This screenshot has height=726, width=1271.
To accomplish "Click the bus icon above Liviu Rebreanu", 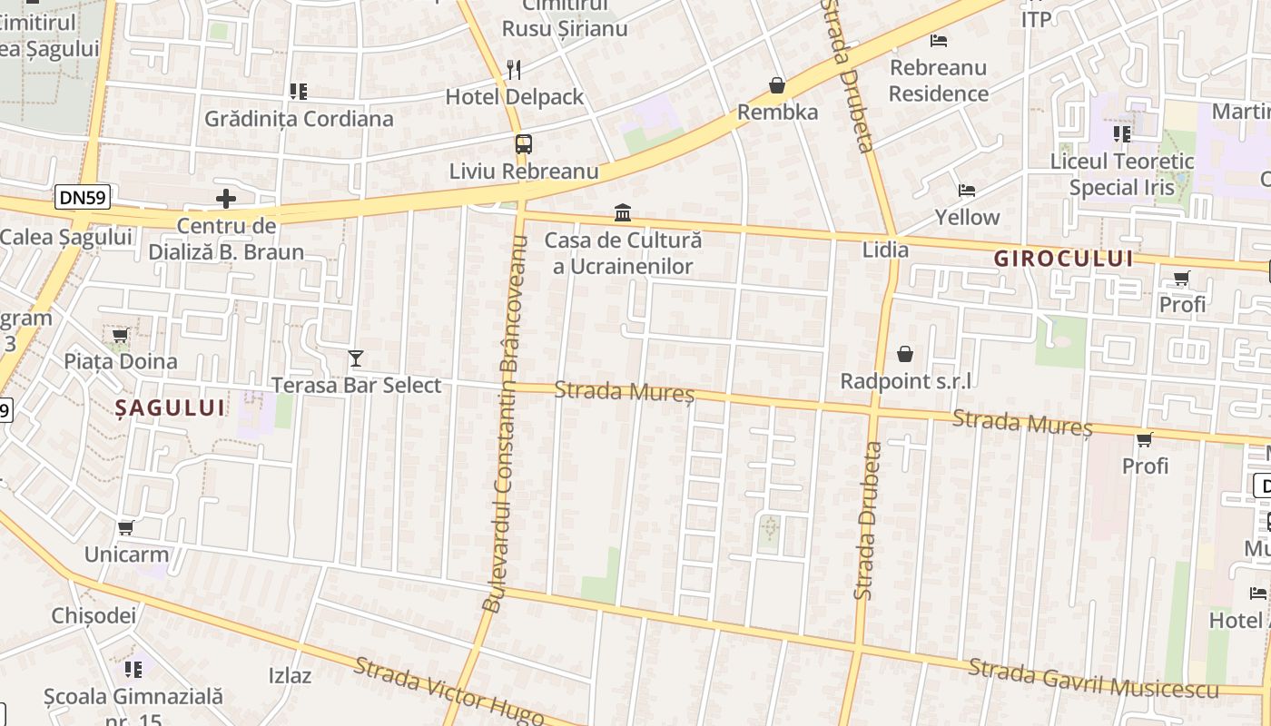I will coord(523,143).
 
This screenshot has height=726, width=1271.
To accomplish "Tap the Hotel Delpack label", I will coord(514,96).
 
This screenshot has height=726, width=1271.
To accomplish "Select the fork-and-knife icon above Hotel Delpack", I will coord(513,68).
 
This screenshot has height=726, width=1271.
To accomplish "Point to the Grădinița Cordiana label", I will coord(299,119).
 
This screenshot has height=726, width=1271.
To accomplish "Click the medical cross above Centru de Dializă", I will coord(226,198).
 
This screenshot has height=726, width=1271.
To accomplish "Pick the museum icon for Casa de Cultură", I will coord(623,213).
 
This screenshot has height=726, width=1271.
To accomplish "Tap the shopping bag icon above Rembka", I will coord(777,85).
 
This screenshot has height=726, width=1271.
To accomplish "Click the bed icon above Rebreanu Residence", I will coord(939,40).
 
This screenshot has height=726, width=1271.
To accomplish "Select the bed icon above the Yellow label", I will coord(967,191).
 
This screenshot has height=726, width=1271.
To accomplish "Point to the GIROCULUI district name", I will coord(1063,259).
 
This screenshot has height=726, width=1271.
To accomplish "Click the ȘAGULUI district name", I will coord(170,408).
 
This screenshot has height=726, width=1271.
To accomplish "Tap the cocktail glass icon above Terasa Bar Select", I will coord(356,358).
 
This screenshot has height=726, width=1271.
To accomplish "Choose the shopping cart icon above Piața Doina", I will coord(120,336).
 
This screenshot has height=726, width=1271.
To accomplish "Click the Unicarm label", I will coord(126,554).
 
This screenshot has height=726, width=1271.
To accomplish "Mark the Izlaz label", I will coord(291,675).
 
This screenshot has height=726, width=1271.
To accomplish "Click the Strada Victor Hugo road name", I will coord(448,692).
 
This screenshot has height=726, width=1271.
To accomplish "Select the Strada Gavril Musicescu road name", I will coord(1093,679).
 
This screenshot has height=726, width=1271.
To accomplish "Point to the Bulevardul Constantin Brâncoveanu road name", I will coord(505,423).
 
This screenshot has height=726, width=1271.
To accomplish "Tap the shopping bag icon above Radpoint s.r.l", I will coord(905,354).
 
